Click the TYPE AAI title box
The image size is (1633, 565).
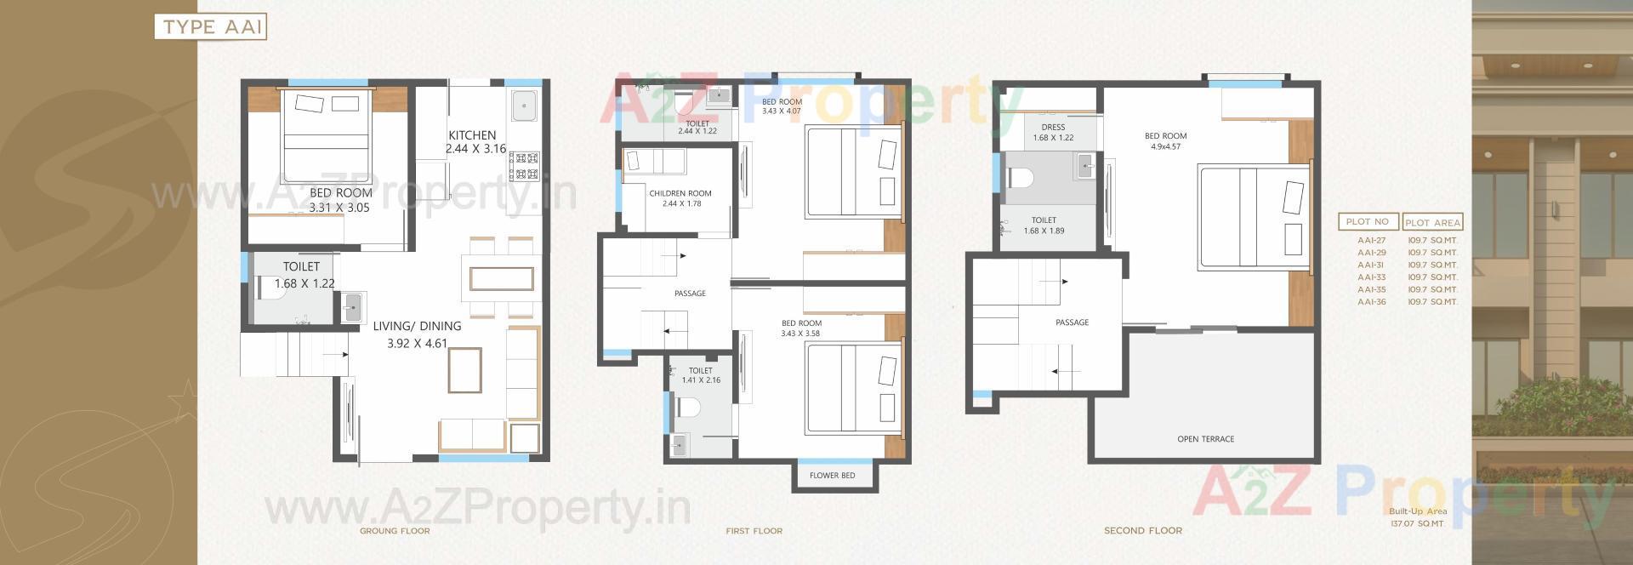point(210,26)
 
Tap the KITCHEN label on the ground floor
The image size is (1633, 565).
point(472,135)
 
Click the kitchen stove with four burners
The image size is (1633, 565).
point(524,167)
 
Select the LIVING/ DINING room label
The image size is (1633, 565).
point(417,326)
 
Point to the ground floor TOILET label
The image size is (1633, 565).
point(301,266)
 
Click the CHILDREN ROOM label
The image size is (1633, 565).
point(680,194)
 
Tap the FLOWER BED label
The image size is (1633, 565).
point(832,476)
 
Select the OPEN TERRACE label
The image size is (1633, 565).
point(1205,439)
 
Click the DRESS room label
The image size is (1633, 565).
point(1053,128)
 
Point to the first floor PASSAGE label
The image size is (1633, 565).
point(690,294)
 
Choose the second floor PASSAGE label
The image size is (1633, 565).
point(1072,322)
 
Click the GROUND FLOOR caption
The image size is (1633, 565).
point(395,531)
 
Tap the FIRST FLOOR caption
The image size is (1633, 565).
point(754,531)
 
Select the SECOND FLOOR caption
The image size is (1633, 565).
point(1142,531)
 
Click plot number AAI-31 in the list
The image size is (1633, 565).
point(1371,265)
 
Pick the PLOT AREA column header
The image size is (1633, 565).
point(1432,223)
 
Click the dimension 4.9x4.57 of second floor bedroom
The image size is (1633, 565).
point(1165,146)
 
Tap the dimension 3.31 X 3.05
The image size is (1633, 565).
point(339,208)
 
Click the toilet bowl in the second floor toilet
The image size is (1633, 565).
point(1020,178)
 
